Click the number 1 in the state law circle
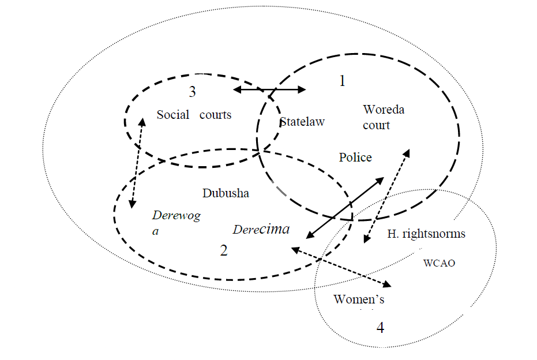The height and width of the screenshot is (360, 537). point(342,81)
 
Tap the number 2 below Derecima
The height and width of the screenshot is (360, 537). point(224,250)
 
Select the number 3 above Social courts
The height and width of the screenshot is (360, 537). point(193,92)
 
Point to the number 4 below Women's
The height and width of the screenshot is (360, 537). point(380,328)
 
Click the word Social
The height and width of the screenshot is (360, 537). point(172,115)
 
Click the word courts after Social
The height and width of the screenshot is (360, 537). point(215,115)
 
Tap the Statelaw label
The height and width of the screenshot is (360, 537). point(302,122)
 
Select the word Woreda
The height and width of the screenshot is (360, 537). point(384,110)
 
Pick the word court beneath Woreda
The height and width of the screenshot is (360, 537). point(376,125)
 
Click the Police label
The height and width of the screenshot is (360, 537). point(355,157)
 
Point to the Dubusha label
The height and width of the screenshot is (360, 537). point(226,193)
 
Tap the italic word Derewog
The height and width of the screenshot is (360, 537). point(176,216)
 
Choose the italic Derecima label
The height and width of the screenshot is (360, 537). point(261,229)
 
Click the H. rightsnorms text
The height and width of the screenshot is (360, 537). point(426,234)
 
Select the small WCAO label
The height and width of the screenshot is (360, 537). point(440,263)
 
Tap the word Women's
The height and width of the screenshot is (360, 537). point(359,299)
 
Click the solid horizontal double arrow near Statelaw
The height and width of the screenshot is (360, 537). point(270,89)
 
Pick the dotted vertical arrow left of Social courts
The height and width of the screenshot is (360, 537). point(137,163)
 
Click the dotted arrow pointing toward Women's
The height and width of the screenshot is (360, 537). point(341,267)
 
